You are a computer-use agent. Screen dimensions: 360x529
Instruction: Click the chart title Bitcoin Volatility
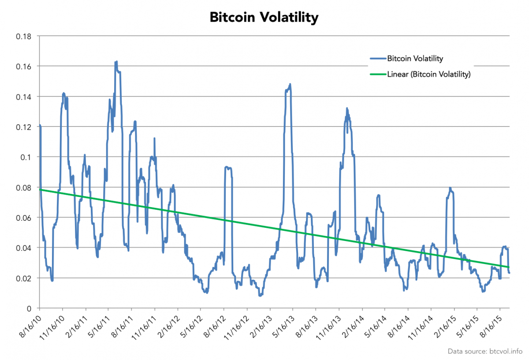coord(264,17)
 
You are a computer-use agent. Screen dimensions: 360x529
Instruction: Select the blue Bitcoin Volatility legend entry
coord(415,58)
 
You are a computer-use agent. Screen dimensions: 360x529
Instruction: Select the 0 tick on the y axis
coord(30,308)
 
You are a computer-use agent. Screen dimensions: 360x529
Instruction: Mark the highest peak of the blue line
coord(116,62)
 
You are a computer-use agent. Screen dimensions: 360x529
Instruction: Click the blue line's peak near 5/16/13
coord(290,84)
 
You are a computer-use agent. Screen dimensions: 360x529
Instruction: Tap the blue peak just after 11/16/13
coord(347,108)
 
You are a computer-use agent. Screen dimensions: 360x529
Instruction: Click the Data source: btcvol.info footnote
coord(484,351)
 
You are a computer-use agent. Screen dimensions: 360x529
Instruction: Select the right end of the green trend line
coord(509,267)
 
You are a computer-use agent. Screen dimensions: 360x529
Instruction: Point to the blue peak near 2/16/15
coord(450,188)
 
